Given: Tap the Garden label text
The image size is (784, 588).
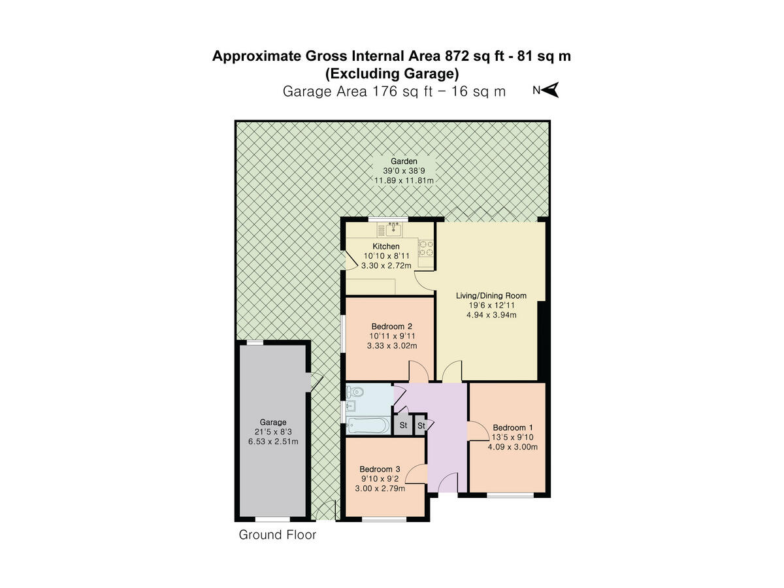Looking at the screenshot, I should (404, 161).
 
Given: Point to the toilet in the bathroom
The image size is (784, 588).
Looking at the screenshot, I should (355, 392).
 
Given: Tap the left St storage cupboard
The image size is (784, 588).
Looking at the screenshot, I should (403, 425).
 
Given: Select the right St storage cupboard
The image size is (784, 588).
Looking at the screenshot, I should (421, 425).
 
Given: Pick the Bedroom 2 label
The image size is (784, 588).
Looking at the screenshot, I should (391, 326).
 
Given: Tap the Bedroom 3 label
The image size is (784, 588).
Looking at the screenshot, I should (380, 469).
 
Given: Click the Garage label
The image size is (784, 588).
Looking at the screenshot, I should (272, 422).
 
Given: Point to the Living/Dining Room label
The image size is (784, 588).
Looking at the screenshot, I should (491, 295).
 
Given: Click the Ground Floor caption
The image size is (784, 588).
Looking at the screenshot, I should (277, 535).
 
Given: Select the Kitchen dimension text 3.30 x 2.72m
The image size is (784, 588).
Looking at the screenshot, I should (386, 266).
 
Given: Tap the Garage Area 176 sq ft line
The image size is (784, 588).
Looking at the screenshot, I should (394, 91).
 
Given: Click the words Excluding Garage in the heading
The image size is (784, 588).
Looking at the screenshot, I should (392, 73).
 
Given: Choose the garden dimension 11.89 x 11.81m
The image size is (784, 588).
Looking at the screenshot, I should (404, 180).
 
